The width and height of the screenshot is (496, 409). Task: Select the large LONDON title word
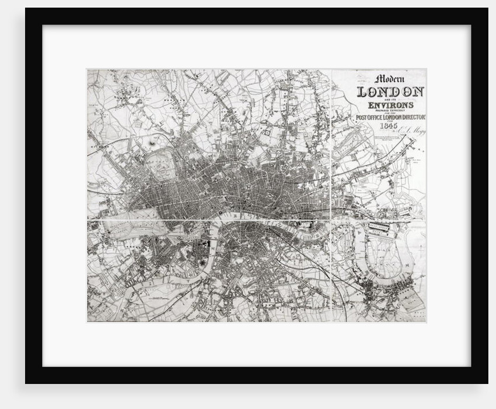390,92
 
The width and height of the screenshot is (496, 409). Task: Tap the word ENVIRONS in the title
390,105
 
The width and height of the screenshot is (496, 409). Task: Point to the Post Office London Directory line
390,118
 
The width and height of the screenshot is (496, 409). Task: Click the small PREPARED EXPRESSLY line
390,111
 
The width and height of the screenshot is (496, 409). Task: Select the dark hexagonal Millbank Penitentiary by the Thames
203,263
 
